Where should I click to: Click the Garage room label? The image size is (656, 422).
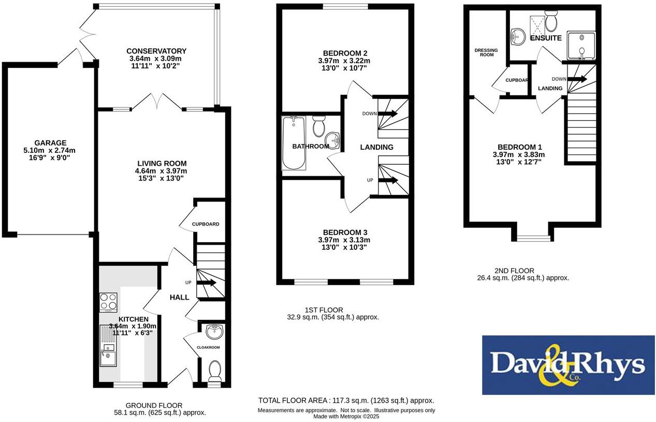coord(50,143)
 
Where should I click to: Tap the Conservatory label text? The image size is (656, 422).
coord(156,51)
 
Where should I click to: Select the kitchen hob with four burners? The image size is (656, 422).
coord(108,302)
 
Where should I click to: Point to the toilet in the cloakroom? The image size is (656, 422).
coord(214,371)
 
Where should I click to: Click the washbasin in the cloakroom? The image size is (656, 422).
coord(214,330)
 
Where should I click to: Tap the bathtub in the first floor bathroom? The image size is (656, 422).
coord(294,143)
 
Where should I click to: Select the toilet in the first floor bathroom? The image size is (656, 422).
coord(319,125)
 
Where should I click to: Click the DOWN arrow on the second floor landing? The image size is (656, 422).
coord(579,79)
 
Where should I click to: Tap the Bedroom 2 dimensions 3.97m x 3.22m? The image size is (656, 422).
coord(344,61)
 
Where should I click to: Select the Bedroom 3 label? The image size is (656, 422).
coord(344,232)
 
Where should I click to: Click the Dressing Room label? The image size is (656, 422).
coord(486,52)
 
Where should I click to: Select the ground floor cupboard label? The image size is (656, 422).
coord(206,224)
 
